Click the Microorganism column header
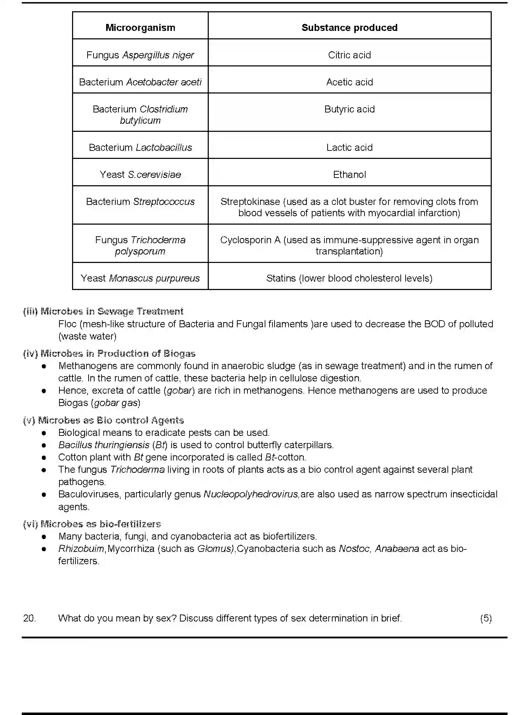pyautogui.click(x=140, y=28)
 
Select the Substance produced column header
pyautogui.click(x=349, y=28)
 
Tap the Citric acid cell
pyautogui.click(x=349, y=55)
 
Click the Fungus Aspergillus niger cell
pyautogui.click(x=140, y=55)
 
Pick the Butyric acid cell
pyautogui.click(x=349, y=109)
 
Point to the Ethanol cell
pyautogui.click(x=349, y=175)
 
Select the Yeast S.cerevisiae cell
pyautogui.click(x=140, y=175)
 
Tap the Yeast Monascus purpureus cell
pyautogui.click(x=140, y=278)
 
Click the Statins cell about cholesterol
pyautogui.click(x=349, y=278)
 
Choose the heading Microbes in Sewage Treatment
pyautogui.click(x=112, y=311)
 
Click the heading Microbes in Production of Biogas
pyautogui.click(x=118, y=354)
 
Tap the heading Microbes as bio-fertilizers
pyautogui.click(x=101, y=524)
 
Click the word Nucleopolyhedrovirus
pyautogui.click(x=251, y=494)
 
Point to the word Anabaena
pyautogui.click(x=397, y=549)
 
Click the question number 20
pyautogui.click(x=30, y=618)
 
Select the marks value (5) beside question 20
pyautogui.click(x=486, y=618)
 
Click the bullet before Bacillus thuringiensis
pyautogui.click(x=44, y=445)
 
